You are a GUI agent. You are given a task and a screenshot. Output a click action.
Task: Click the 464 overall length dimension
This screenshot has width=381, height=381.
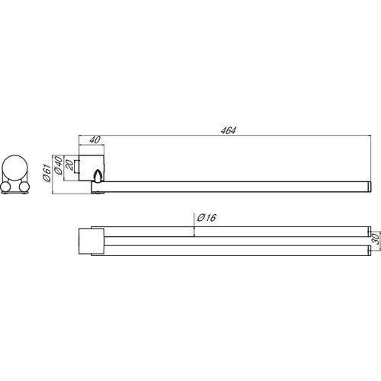coord(229,130)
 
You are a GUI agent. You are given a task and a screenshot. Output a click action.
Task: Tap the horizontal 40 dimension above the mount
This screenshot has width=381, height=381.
coord(95,139)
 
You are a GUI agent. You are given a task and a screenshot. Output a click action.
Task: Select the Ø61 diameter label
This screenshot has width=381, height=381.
coord(46,173)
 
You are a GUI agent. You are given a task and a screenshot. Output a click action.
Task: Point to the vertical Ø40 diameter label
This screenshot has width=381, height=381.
coord(58,165)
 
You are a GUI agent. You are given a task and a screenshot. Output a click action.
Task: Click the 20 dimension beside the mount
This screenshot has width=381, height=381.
coord(69,165)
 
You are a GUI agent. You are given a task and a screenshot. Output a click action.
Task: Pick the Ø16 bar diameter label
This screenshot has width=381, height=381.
coord(207,218)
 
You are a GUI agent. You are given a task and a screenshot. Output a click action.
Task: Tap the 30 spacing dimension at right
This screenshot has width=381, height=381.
coord(376,239)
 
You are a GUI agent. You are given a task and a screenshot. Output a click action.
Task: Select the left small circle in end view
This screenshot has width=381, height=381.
coord(5,187)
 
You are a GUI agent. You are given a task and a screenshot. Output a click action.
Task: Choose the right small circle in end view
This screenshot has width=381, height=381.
coord(24,187)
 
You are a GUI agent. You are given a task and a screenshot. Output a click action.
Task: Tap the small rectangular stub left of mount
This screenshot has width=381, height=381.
coord(76,166)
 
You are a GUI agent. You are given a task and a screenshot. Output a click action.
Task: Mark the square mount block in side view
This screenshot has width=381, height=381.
coord(91,168)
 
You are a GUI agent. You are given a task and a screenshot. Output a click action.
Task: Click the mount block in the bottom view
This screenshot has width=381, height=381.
coord(91,241)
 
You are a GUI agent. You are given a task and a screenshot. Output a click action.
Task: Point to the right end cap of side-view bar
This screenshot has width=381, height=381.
coord(370,187)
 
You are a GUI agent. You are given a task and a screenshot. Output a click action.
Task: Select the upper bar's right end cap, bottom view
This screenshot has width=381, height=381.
coord(370,232)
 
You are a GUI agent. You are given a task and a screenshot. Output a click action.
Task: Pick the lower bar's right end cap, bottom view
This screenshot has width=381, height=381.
coord(370,251)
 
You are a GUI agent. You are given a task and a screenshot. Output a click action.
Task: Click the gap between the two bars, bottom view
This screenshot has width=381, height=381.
coord(236,241)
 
